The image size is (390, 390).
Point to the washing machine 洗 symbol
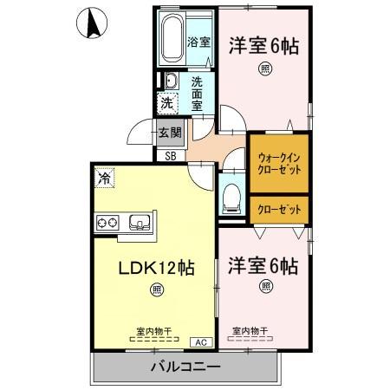(167, 102)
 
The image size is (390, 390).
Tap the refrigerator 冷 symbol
(104, 179)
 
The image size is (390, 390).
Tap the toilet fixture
(230, 196)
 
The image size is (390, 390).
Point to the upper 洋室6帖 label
(263, 47)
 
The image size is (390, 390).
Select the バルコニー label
(185, 367)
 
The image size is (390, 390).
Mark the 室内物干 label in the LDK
(153, 330)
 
